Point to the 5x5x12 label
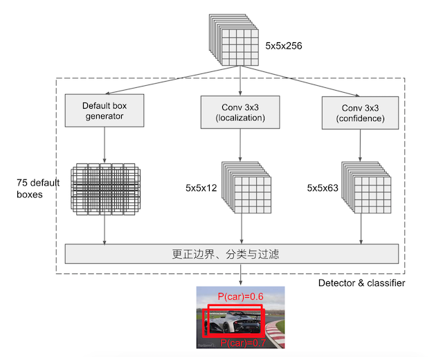[x=201, y=188]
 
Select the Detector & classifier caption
[x=361, y=284]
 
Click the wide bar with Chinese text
[x=232, y=254]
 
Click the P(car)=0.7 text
[x=244, y=343]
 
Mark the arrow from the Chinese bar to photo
[x=241, y=275]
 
